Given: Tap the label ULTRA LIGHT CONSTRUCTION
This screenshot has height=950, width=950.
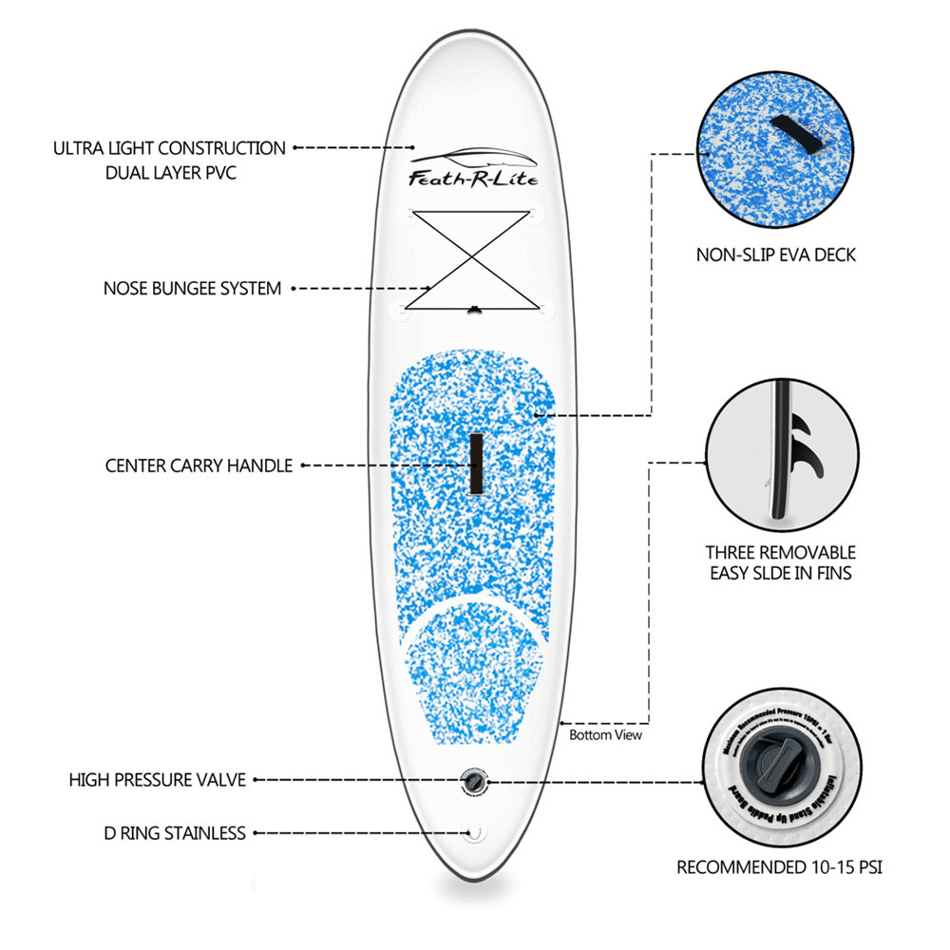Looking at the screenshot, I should [169, 148].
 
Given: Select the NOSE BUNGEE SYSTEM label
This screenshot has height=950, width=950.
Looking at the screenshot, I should [192, 288].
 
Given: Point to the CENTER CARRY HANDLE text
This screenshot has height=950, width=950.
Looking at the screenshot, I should [199, 466].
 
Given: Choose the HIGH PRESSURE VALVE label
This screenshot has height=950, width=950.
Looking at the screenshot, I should [158, 780].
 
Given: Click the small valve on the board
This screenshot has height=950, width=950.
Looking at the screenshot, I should [472, 781].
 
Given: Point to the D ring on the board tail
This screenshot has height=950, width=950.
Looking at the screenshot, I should [475, 834].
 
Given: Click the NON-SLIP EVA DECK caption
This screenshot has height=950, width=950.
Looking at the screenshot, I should [777, 255].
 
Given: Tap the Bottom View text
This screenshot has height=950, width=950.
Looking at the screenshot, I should [605, 734].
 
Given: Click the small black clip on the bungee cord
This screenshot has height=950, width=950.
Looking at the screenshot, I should [475, 308].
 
